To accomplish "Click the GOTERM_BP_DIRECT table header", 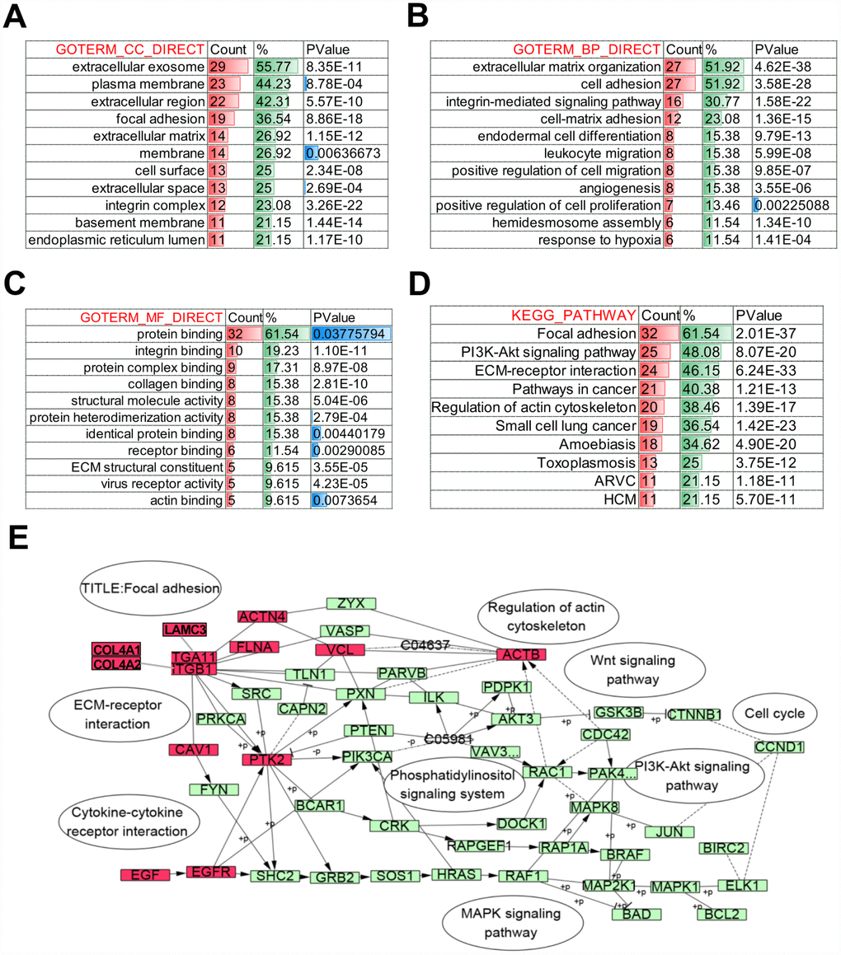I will (586, 49).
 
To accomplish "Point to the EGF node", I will (144, 875).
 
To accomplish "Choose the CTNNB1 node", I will (695, 714).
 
